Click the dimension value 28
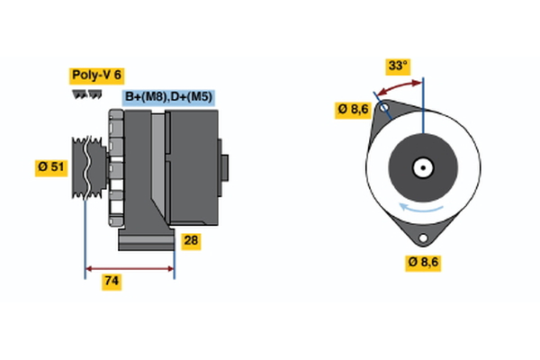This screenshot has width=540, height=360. pos(191,241)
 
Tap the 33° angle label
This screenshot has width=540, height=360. pos(397,66)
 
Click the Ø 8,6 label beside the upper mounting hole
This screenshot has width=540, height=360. pos(353,110)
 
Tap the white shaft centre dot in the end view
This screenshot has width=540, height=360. pos(422,166)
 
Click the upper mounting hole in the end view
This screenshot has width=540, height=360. pos(384,112)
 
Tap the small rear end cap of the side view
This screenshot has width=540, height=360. pos(224,168)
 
